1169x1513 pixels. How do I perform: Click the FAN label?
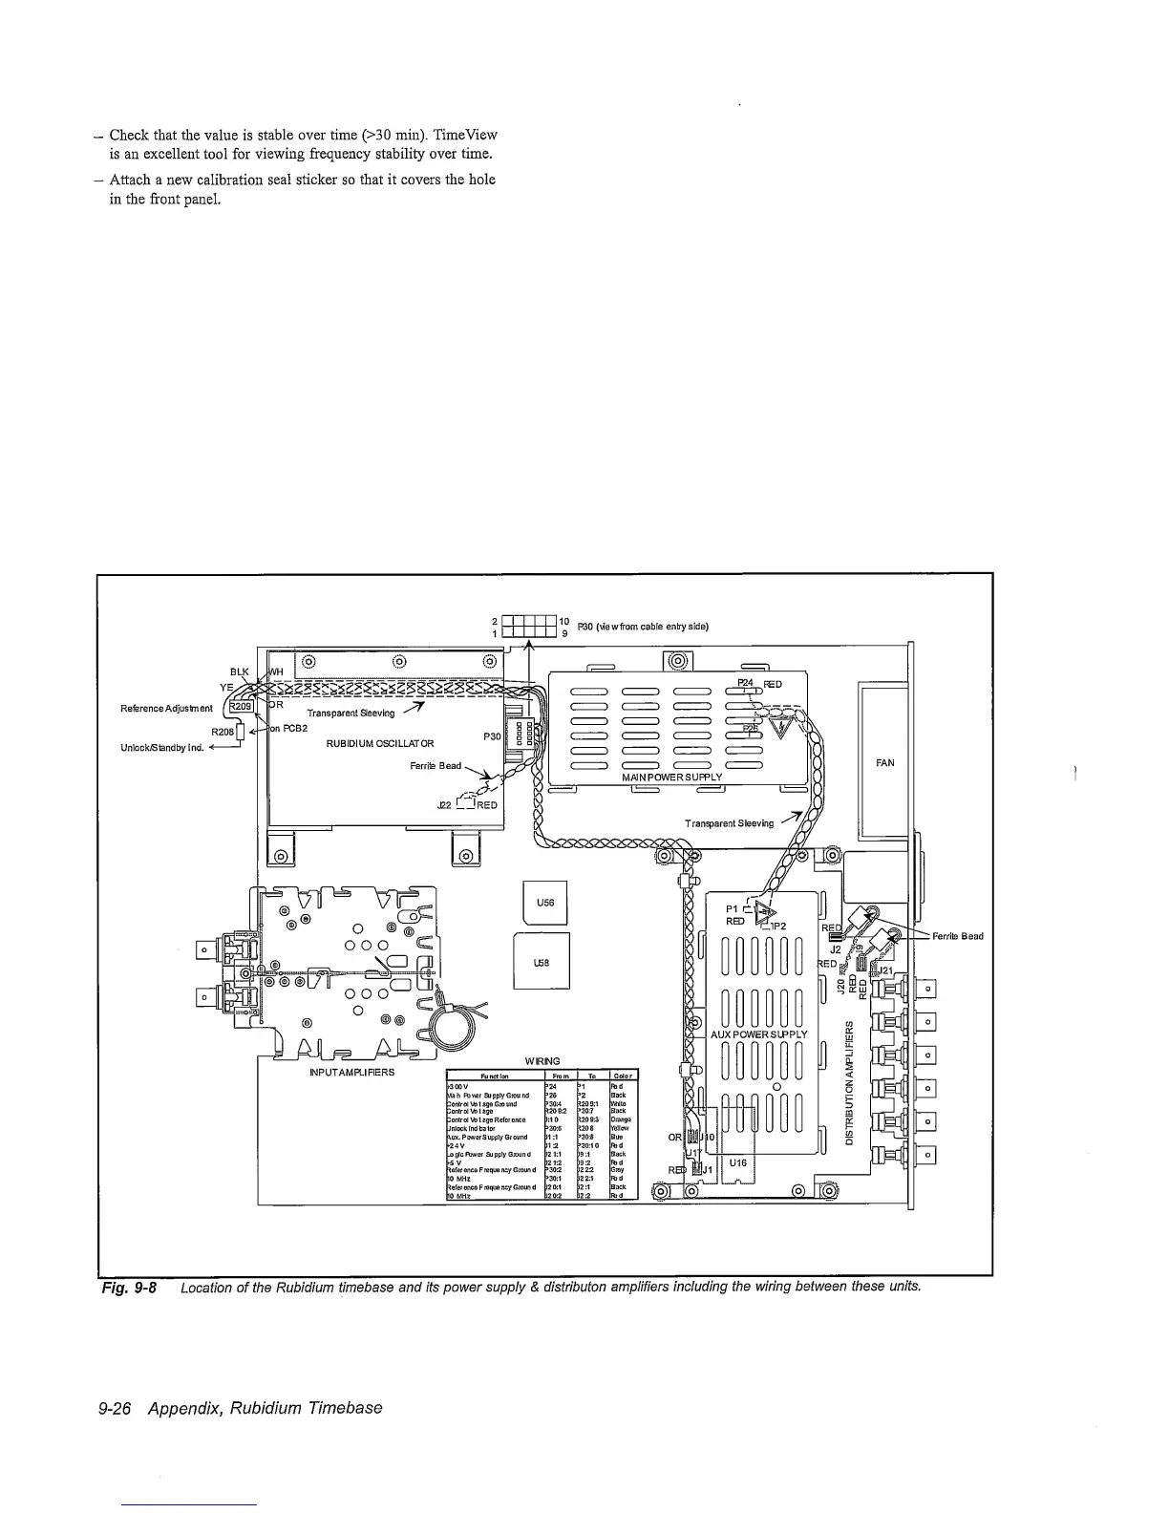point(885,762)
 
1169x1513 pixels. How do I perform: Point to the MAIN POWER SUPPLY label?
point(671,777)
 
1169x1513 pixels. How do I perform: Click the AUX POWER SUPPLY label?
point(759,1034)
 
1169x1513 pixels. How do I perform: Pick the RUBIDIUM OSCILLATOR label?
point(380,744)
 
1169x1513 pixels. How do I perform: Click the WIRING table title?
point(542,1061)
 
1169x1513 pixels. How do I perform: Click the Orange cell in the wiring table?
point(621,1119)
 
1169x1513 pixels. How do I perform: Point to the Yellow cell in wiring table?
point(621,1128)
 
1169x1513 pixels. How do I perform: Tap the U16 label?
point(736,1163)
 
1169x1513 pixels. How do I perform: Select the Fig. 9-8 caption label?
point(130,1287)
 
